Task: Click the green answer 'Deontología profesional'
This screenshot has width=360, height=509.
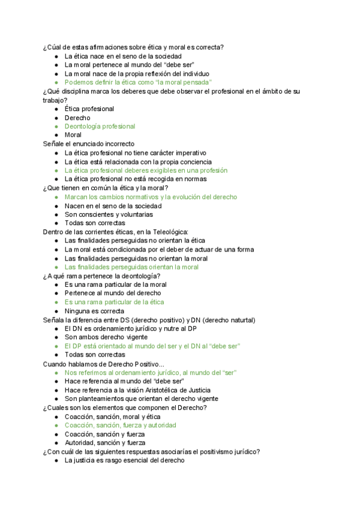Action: pos(100,127)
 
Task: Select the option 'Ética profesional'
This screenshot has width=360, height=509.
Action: pos(89,109)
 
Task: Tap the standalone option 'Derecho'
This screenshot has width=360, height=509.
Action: pos(77,118)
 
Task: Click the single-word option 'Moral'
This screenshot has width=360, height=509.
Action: pos(73,135)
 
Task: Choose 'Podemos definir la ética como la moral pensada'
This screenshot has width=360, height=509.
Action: pos(138,82)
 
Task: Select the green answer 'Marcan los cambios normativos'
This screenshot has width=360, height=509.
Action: pos(151,197)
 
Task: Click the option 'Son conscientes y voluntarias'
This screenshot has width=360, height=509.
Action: pos(109,214)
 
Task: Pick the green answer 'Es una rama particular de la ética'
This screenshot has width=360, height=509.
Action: pos(114,302)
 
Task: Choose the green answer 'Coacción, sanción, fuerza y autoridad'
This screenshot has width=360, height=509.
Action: pos(120,425)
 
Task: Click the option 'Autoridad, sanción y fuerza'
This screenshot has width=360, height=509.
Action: pos(105,443)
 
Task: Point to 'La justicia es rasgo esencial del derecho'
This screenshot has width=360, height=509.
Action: pos(124,460)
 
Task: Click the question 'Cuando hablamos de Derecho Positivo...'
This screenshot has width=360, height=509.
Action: pos(104,364)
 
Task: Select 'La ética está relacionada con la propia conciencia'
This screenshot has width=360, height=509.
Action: pos(138,161)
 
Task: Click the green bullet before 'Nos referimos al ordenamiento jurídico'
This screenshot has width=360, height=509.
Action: pos(56,373)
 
